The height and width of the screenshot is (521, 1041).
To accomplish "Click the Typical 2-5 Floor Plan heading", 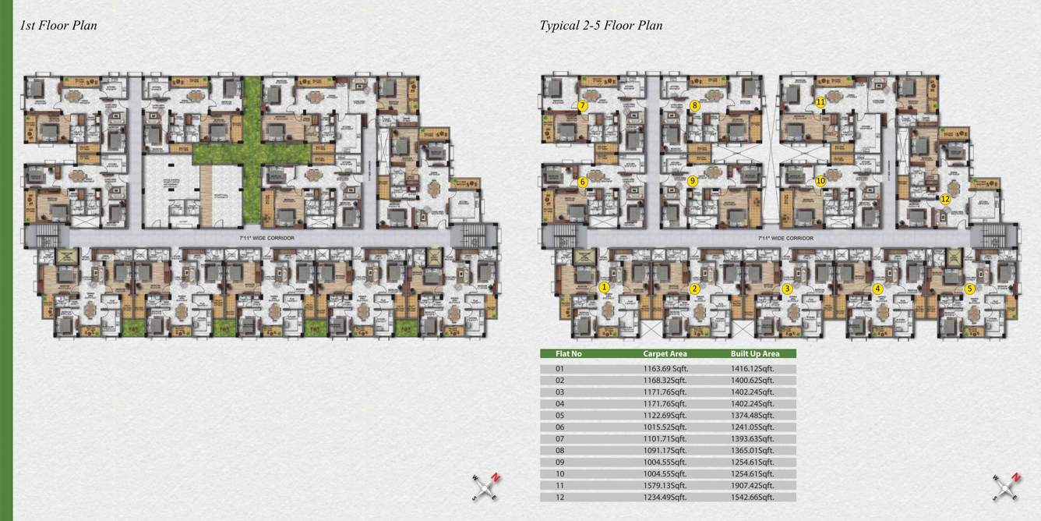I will (x=601, y=25).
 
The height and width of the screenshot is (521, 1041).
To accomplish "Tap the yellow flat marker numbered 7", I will (x=582, y=105).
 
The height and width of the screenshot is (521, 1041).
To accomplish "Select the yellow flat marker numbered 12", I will (x=945, y=199).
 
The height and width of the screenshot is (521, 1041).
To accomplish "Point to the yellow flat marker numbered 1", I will (x=603, y=287).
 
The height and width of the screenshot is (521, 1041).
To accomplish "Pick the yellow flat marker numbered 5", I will (x=969, y=288).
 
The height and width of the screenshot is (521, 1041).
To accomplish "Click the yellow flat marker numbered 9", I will (x=693, y=182).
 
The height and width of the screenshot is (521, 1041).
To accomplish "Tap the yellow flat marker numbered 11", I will (x=820, y=102).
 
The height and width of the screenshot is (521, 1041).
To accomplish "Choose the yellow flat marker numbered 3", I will (x=787, y=289).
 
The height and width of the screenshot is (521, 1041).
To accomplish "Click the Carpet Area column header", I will (x=665, y=353).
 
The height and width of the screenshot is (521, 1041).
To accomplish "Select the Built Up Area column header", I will (x=753, y=353).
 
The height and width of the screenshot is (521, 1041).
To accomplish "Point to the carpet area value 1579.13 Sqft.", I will (x=665, y=485).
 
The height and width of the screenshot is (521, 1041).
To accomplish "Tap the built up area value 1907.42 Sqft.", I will (x=753, y=485).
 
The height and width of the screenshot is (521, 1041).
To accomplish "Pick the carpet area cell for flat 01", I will (x=665, y=369).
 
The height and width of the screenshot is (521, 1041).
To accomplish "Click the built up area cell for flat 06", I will (x=753, y=427).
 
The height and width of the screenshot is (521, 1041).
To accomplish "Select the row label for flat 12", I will (x=559, y=497).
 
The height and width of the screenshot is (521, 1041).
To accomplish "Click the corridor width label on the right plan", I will (x=786, y=238).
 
